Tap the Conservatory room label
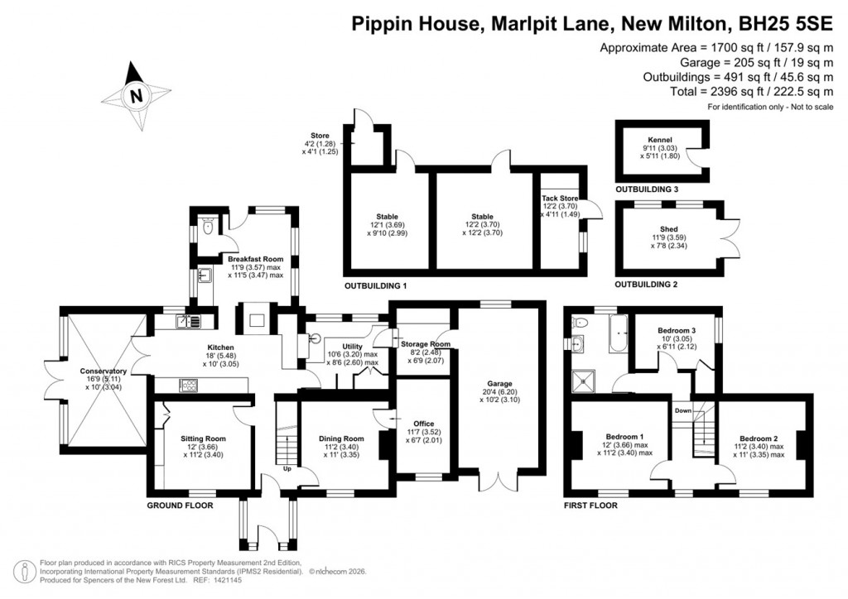104,371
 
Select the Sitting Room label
203,438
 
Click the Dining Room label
341,438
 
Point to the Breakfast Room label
255,259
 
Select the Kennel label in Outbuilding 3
660,140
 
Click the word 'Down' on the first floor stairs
682,410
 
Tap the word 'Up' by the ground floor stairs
287,468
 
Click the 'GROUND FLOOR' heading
180,505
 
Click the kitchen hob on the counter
188,384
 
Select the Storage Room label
426,343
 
